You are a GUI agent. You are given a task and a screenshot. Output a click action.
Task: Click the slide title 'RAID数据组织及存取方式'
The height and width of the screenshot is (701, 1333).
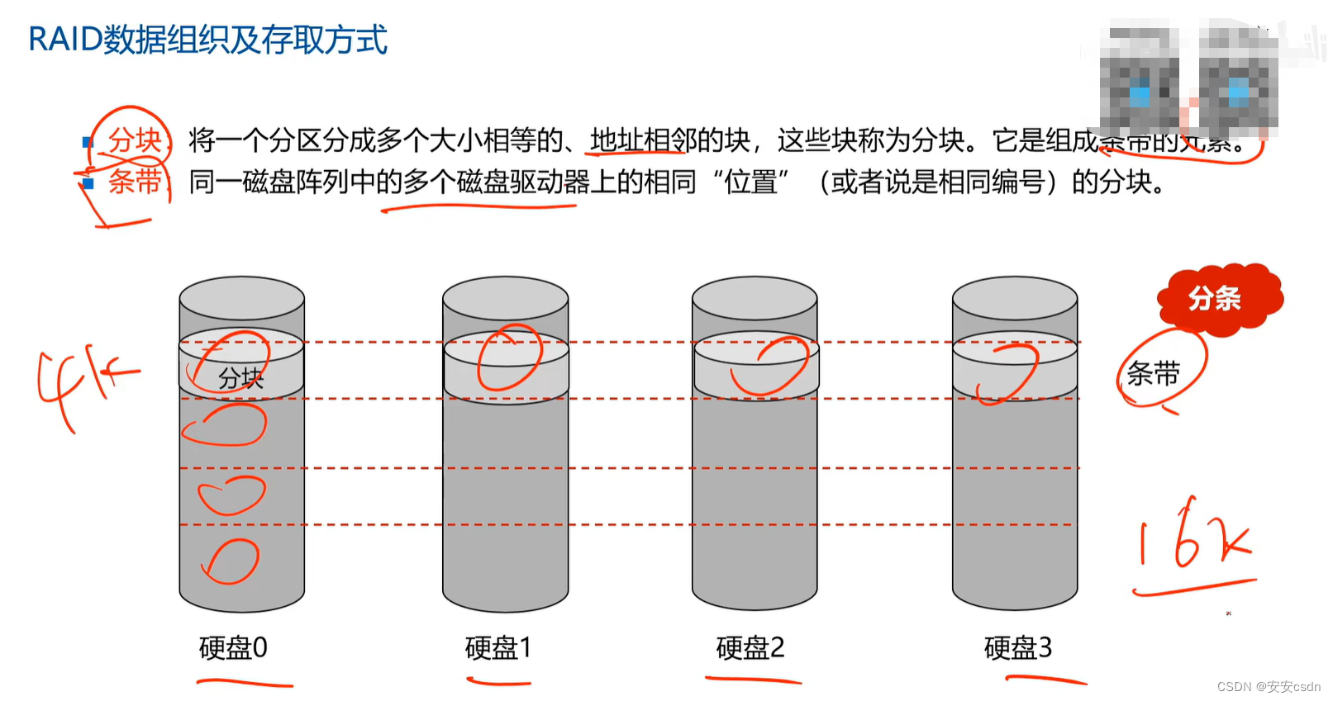coord(207,40)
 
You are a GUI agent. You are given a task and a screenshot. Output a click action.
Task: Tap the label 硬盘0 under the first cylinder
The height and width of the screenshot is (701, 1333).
coord(233,648)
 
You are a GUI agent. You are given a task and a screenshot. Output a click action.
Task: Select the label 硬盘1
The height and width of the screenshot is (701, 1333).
coord(497,648)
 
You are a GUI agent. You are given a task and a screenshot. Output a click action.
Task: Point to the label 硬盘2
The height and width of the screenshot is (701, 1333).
coord(750,648)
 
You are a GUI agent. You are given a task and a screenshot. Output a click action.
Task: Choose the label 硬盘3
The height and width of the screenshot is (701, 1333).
coord(1017,648)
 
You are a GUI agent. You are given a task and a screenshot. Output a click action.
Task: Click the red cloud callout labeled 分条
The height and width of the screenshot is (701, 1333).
coord(1216,298)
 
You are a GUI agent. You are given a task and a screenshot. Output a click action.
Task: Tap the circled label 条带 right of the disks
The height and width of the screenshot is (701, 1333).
coord(1154,374)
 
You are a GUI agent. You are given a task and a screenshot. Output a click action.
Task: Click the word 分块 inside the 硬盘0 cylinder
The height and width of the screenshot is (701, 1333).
coord(240,378)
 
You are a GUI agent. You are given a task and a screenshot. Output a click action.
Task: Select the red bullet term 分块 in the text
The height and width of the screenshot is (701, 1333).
coord(135,140)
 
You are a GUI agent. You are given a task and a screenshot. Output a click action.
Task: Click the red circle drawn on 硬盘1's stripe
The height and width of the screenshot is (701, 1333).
coord(509,357)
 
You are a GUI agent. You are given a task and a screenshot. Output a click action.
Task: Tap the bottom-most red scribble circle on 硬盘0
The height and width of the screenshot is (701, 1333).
coord(231,561)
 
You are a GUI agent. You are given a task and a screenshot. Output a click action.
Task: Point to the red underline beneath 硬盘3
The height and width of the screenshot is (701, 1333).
coord(1045,680)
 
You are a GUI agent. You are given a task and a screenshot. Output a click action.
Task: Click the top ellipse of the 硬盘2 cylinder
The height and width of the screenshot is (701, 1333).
coord(755,297)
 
